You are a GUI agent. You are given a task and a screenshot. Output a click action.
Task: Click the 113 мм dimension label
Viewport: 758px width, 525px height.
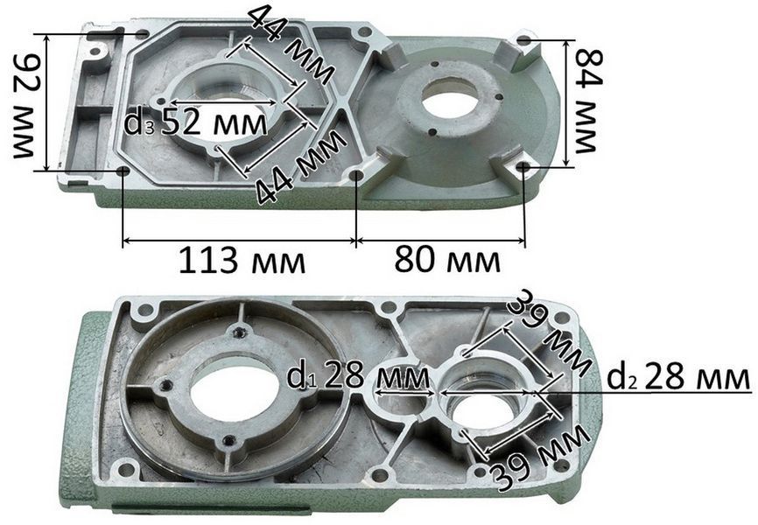(x=242, y=262)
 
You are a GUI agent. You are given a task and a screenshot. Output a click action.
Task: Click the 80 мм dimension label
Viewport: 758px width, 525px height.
(x=447, y=260)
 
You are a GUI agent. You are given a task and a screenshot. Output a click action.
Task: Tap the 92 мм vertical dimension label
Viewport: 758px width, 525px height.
(x=25, y=105)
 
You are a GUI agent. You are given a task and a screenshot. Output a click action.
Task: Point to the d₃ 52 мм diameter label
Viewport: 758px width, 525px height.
(x=195, y=122)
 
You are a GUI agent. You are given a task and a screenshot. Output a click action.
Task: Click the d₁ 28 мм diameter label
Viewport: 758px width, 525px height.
(x=358, y=376)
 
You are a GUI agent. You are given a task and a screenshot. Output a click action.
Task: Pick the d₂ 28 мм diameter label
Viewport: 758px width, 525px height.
(x=678, y=377)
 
